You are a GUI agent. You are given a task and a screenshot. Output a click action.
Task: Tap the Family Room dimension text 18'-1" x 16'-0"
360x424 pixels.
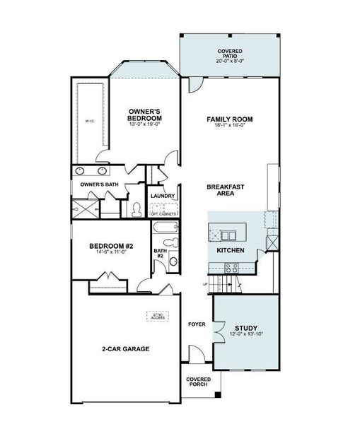click(229, 126)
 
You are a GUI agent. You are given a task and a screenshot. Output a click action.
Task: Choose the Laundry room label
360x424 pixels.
click(163, 196)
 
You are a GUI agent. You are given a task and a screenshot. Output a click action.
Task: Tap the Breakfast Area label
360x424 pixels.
click(226, 191)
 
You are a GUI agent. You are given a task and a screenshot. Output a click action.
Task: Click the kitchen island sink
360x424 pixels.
click(230, 235)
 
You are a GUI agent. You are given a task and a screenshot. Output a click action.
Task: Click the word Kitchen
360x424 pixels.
click(229, 251)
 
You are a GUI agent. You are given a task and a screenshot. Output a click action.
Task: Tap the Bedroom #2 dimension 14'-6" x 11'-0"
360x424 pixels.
click(110, 254)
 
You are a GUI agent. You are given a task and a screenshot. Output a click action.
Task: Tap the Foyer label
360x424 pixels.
click(197, 324)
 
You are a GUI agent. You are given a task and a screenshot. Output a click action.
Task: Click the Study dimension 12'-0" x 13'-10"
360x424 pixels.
click(246, 336)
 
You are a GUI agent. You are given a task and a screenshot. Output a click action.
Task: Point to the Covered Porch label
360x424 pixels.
click(199, 382)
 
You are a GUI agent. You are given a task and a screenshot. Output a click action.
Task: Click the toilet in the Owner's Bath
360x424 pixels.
click(135, 209)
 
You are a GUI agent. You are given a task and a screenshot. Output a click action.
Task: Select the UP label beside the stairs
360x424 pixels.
click(206, 284)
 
